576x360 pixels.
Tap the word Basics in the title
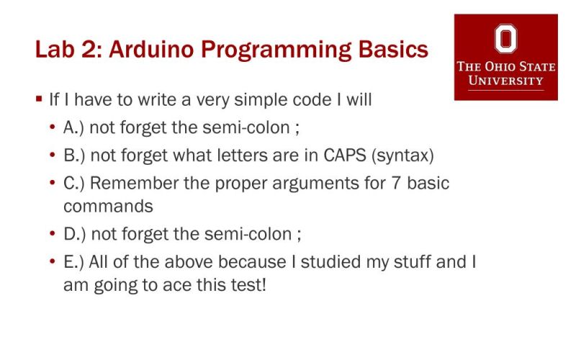[392, 51]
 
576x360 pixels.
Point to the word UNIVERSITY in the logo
[505, 80]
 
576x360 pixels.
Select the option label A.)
[74, 128]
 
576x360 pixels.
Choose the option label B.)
[74, 156]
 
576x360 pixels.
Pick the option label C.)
[74, 183]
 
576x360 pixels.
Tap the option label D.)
[74, 235]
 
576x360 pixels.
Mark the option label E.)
[74, 262]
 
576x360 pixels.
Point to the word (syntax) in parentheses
[405, 156]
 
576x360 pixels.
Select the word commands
[108, 206]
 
